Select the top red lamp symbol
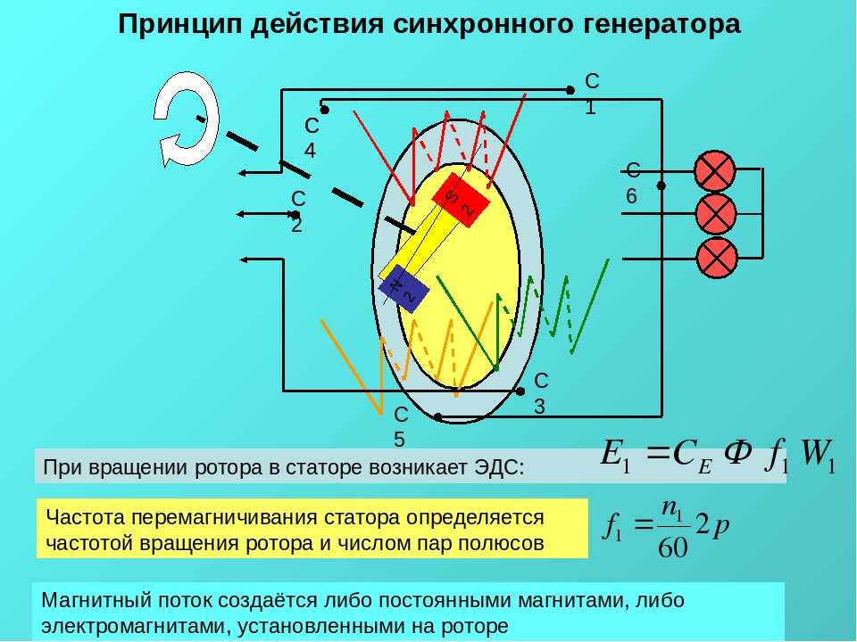(x=715, y=170)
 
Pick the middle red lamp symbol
(x=716, y=213)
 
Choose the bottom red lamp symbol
(x=717, y=258)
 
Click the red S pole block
(x=461, y=200)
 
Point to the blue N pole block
(x=404, y=288)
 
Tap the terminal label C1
(x=591, y=94)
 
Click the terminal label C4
(x=311, y=137)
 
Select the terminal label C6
(x=632, y=183)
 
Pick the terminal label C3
(x=540, y=393)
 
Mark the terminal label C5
(x=401, y=427)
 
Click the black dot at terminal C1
(x=570, y=90)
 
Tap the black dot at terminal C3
(x=520, y=391)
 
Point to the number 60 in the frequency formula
(x=673, y=547)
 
